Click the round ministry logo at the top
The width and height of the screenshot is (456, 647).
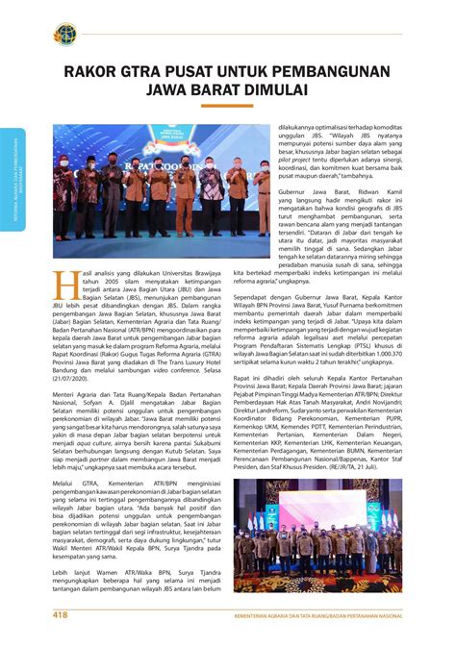[x=63, y=35]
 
